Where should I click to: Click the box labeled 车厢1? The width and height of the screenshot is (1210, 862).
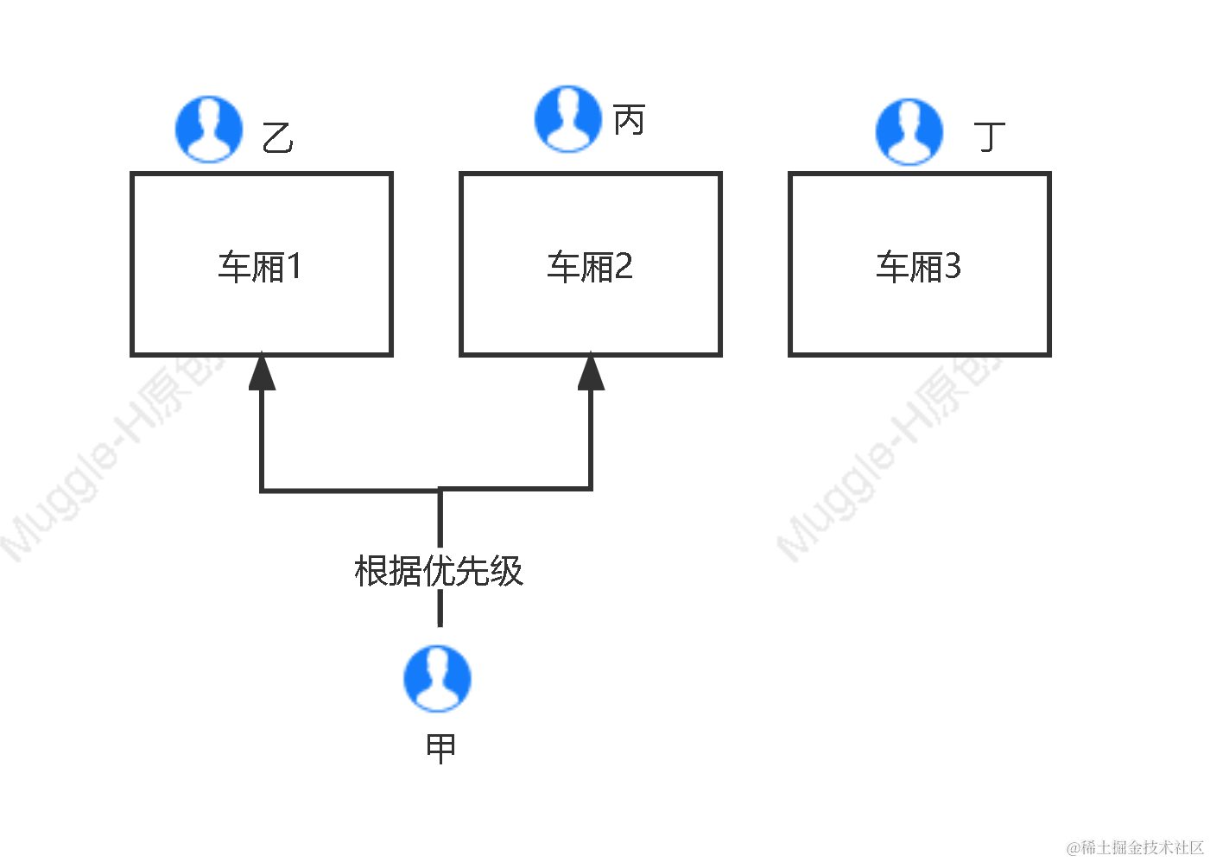click(x=262, y=264)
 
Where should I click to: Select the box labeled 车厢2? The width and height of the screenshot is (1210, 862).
click(x=591, y=264)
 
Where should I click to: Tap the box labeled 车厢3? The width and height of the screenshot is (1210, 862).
click(x=920, y=264)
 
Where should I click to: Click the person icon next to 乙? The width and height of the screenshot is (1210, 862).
click(x=209, y=130)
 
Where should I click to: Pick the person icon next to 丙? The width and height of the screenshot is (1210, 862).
click(x=568, y=119)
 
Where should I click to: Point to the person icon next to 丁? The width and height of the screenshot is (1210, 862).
click(x=909, y=132)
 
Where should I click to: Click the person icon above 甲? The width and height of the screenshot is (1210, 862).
click(x=438, y=679)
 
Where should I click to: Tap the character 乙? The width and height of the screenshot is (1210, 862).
click(x=277, y=138)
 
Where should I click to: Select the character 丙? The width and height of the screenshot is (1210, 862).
click(x=630, y=120)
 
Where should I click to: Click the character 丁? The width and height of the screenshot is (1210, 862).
click(x=990, y=136)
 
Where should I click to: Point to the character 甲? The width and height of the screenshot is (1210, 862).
click(x=440, y=748)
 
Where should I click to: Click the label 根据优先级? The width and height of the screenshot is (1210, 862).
click(x=439, y=570)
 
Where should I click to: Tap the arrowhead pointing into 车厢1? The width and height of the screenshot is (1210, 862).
click(x=262, y=373)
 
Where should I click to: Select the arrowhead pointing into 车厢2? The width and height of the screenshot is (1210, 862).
click(x=591, y=373)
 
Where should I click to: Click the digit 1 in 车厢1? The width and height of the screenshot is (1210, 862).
click(x=295, y=267)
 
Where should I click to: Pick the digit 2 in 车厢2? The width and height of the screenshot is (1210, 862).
click(x=624, y=267)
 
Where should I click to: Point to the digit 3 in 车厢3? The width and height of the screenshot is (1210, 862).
click(x=952, y=267)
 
